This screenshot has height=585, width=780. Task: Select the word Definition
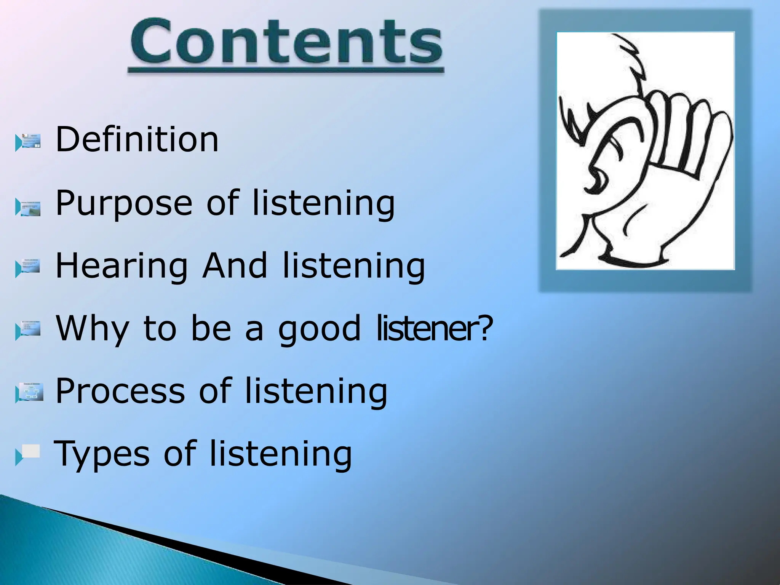[x=137, y=139]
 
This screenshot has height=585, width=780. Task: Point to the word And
[x=235, y=265]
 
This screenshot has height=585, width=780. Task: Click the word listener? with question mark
[x=434, y=328]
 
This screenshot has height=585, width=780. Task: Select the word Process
[x=120, y=391]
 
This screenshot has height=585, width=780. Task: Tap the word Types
[x=102, y=454]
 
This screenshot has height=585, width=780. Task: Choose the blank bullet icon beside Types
[x=29, y=454]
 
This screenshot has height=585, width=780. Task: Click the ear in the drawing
[x=609, y=160]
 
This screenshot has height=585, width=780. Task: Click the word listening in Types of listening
[x=281, y=454]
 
